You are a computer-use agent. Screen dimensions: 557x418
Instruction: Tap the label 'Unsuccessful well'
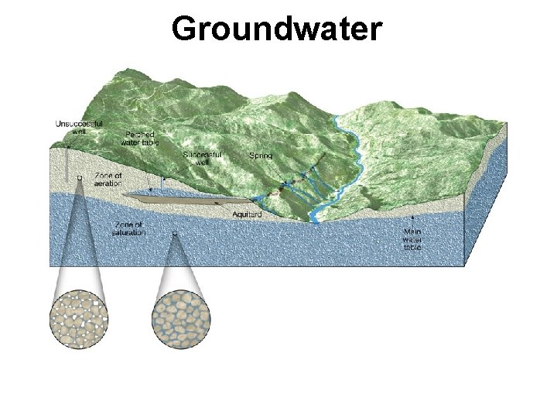(78, 128)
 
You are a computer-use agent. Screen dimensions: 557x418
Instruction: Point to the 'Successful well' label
(203, 159)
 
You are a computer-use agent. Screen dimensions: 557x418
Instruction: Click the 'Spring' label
(261, 156)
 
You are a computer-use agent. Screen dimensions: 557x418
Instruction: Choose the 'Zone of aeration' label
(108, 179)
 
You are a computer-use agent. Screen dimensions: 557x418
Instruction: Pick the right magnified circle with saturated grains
(179, 318)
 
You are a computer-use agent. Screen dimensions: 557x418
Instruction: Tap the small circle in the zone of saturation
(174, 231)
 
